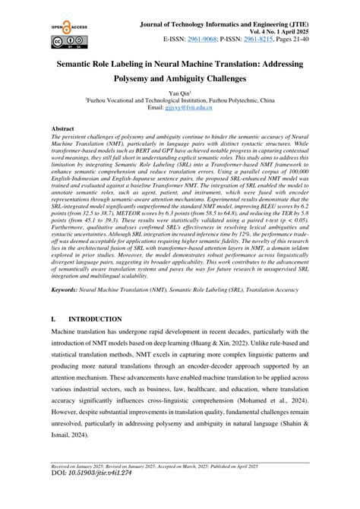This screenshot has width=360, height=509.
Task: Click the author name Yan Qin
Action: tap(179, 91)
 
